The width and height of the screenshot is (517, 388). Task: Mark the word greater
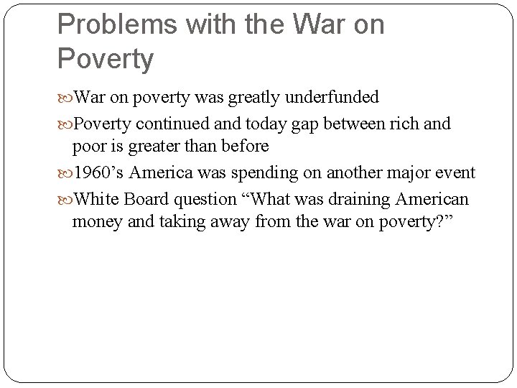pyautogui.click(x=153, y=147)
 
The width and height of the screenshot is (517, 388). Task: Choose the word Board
pyautogui.click(x=144, y=198)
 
